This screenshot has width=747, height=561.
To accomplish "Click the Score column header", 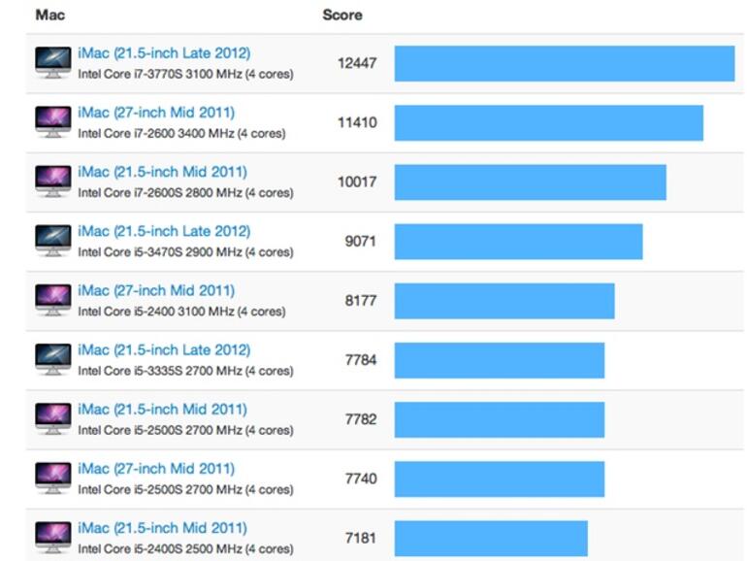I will [341, 16].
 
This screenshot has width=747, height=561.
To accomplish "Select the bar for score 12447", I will [564, 64].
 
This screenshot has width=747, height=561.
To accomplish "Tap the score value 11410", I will [357, 123].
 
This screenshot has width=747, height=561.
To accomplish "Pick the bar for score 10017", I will [530, 182].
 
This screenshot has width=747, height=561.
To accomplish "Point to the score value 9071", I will [360, 242].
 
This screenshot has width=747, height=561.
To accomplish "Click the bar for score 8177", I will [503, 301].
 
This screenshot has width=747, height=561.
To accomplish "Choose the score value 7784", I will [360, 360].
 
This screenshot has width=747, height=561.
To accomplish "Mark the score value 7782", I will [360, 419].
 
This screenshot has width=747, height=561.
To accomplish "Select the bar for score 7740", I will [499, 478].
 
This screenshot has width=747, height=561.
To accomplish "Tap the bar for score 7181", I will [490, 538].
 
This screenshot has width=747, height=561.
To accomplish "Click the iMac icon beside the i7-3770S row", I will [52, 63].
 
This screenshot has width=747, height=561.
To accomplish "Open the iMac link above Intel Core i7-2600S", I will [162, 172].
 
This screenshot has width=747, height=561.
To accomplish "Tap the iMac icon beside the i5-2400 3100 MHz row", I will [52, 300].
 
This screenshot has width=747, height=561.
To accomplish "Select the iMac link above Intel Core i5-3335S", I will [164, 349].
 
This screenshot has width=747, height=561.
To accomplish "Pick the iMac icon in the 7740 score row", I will [52, 478].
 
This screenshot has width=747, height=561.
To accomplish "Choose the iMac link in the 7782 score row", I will [162, 409].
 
